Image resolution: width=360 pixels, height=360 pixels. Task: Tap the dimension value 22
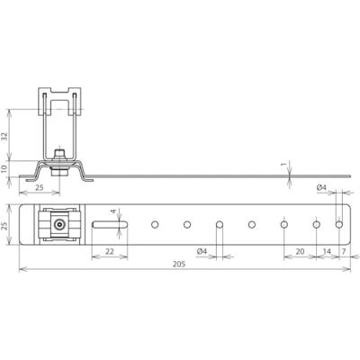[x=108, y=252]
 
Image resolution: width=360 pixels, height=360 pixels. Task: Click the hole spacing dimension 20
[x=300, y=253]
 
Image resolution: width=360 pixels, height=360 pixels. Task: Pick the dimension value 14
[x=328, y=253]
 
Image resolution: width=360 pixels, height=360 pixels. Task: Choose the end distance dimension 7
[x=346, y=253]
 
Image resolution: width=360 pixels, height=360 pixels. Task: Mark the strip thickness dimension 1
[x=283, y=164]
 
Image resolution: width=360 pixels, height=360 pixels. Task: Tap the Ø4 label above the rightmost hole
[x=321, y=187]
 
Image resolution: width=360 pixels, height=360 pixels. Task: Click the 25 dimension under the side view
[x=40, y=186]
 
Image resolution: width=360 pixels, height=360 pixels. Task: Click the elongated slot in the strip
[x=106, y=223]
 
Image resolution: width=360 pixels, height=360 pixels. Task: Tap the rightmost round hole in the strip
[x=339, y=223]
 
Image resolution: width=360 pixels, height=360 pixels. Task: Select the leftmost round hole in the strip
[x=155, y=223]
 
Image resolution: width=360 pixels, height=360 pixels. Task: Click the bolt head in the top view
[x=58, y=223]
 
